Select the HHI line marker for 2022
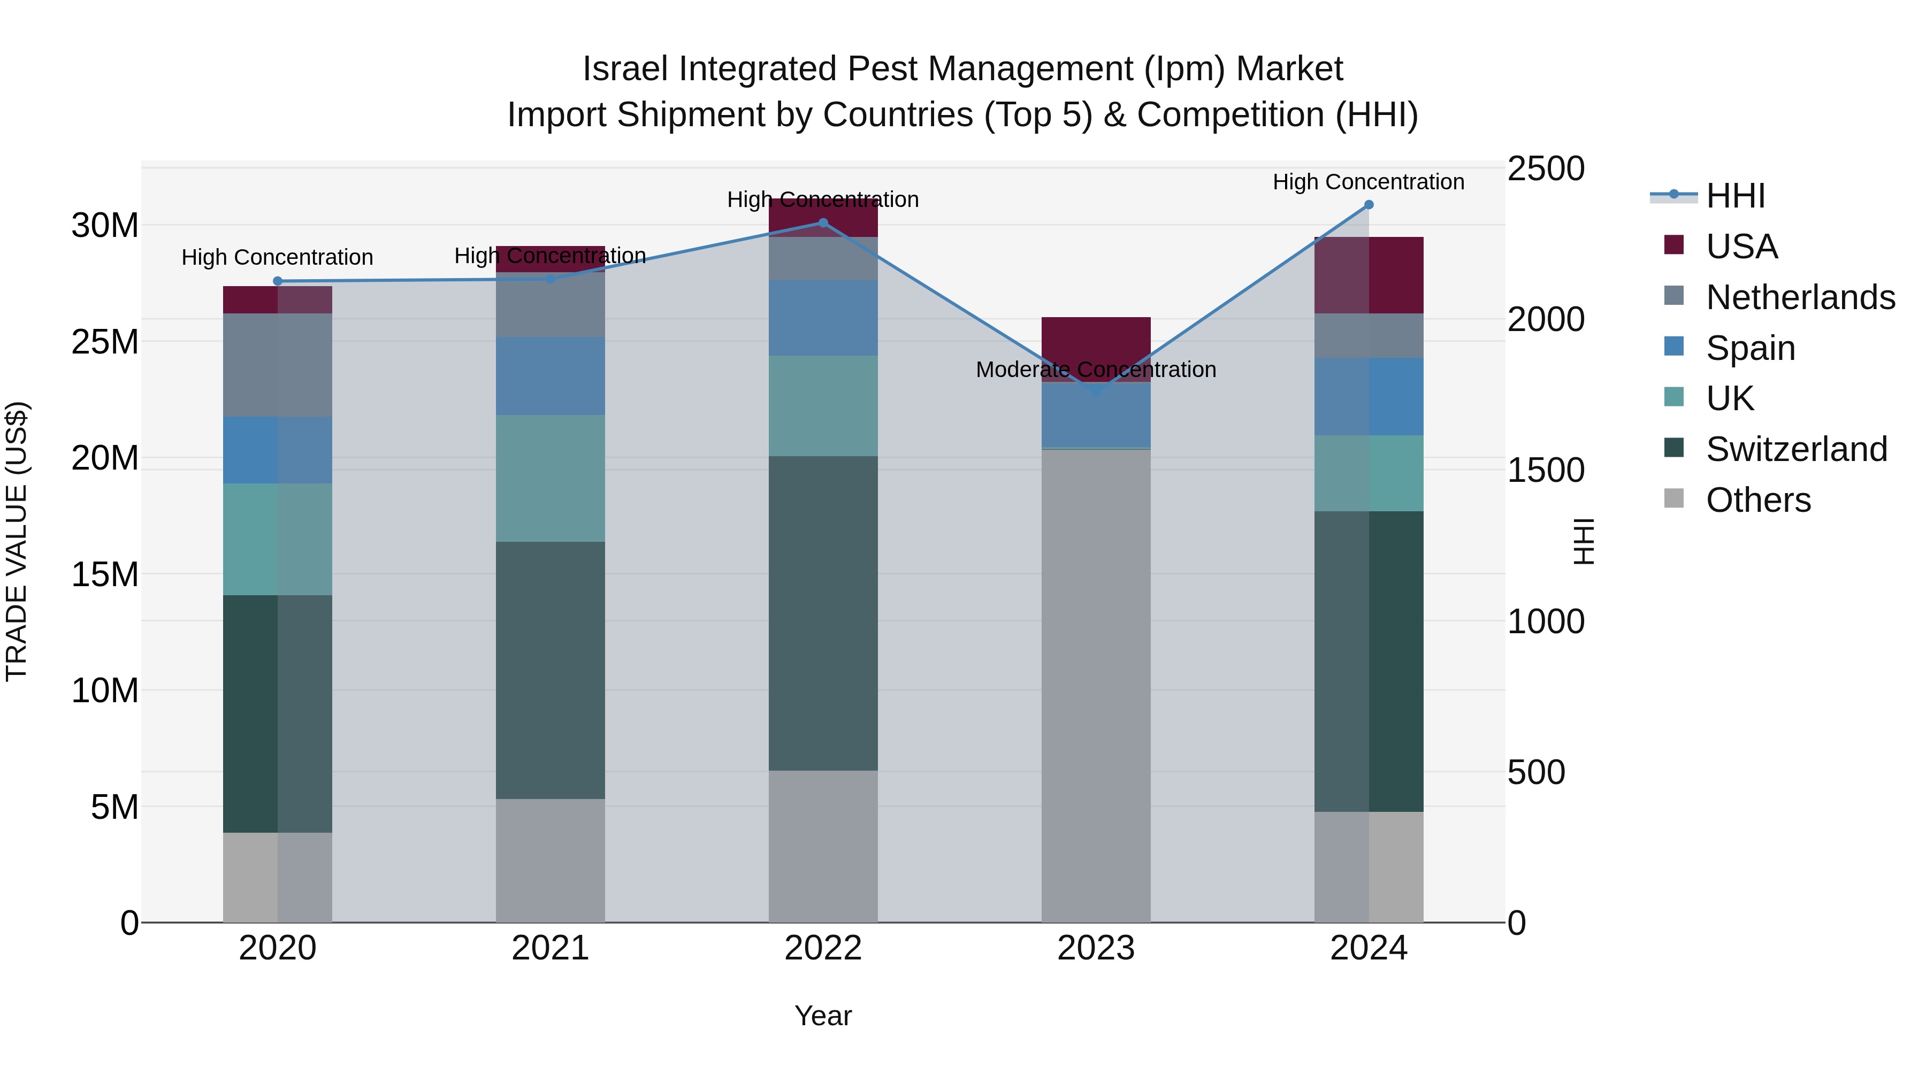[823, 222]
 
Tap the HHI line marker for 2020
[277, 281]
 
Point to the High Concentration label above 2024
[1368, 182]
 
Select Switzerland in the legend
[1796, 449]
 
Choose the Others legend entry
[1758, 500]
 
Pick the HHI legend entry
[1734, 196]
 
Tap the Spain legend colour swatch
[1674, 347]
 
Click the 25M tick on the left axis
[105, 342]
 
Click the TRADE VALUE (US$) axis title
[17, 541]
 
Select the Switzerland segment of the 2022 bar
[823, 613]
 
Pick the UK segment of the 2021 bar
[551, 478]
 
